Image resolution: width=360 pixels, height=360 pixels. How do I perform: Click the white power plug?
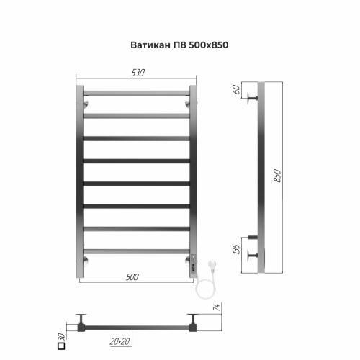[210, 267]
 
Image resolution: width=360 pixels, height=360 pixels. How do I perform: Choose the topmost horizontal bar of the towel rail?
[135, 94]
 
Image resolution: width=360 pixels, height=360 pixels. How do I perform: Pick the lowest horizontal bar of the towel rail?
[135, 251]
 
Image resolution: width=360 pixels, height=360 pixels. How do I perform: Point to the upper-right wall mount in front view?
[188, 105]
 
